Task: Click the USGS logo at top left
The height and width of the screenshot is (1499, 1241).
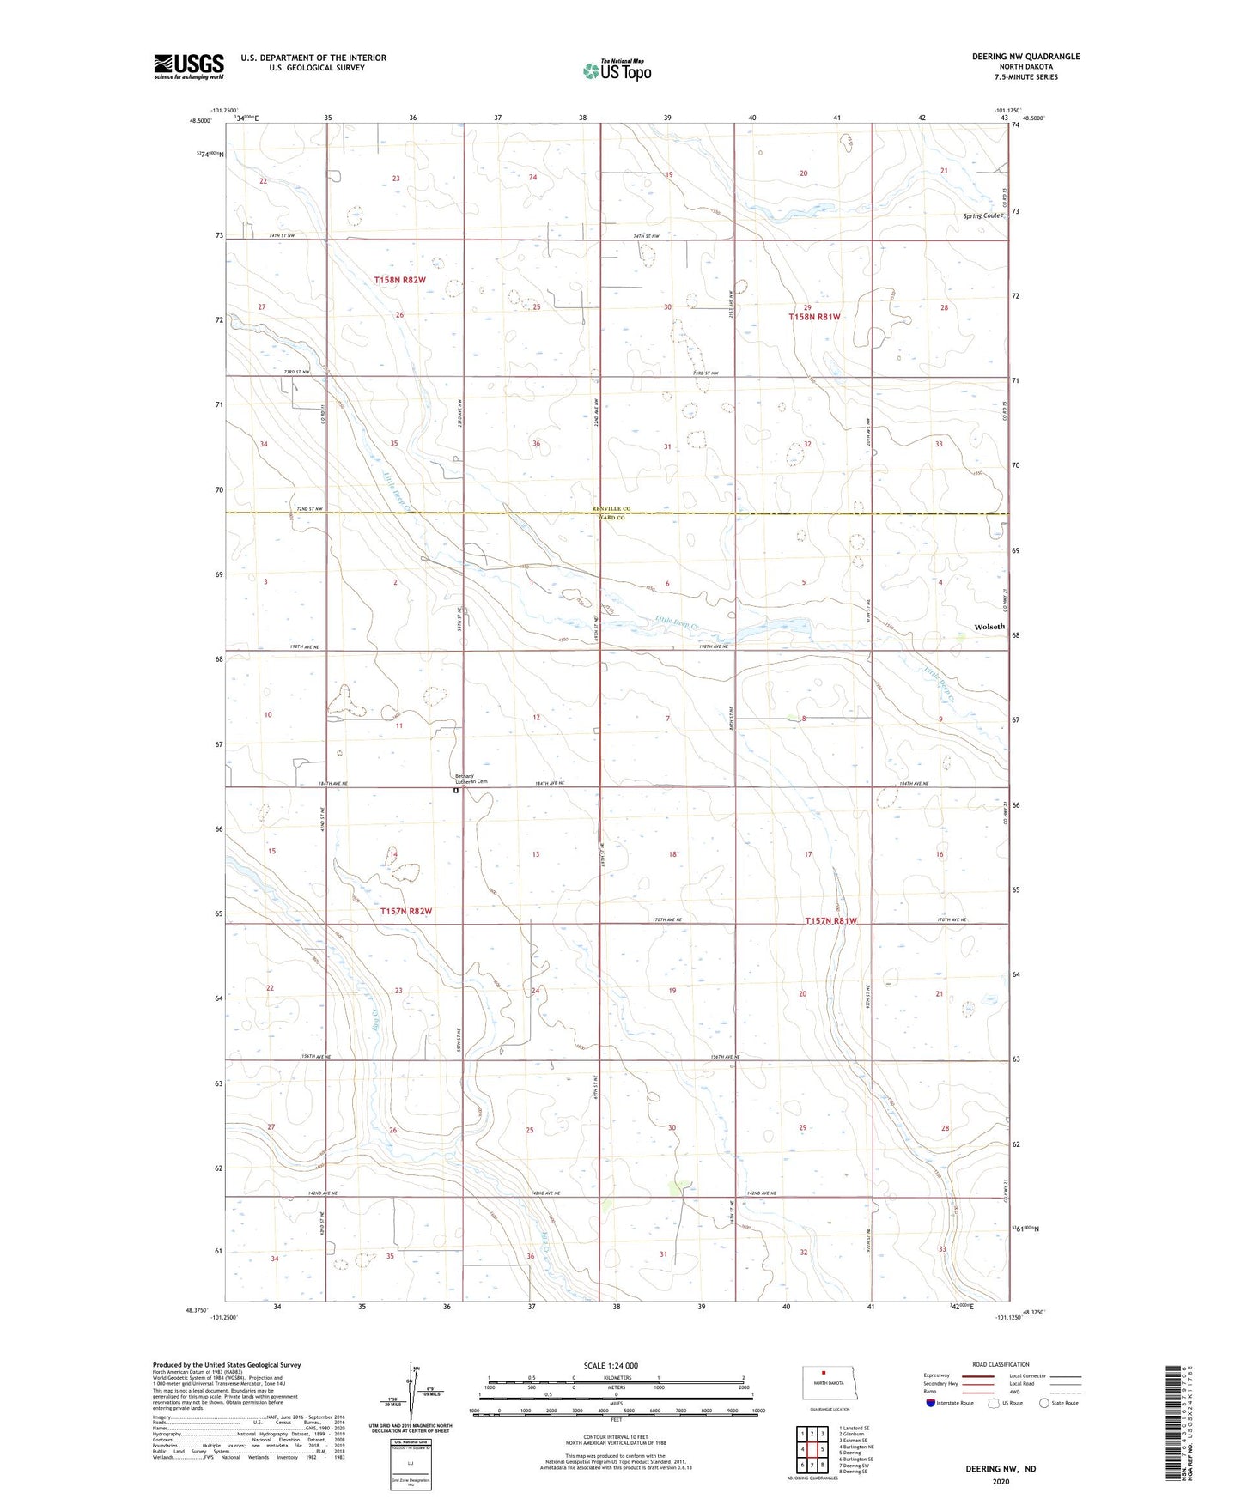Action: pyautogui.click(x=189, y=66)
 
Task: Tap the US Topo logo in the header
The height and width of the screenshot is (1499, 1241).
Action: pyautogui.click(x=617, y=70)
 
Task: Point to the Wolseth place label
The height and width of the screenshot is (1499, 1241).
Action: pyautogui.click(x=989, y=627)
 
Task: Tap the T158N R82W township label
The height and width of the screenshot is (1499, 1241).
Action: pyautogui.click(x=399, y=280)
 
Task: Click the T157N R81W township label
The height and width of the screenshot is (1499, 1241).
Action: pyautogui.click(x=830, y=921)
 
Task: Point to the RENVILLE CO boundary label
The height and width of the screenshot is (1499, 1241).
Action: pyautogui.click(x=611, y=509)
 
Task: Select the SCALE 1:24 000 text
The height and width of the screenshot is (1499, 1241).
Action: pyautogui.click(x=611, y=1366)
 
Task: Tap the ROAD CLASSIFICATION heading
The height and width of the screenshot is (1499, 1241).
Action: pyautogui.click(x=1001, y=1364)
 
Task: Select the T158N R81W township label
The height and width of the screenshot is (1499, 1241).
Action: pyautogui.click(x=814, y=317)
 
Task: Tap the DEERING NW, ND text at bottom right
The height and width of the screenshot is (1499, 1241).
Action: pyautogui.click(x=1001, y=1468)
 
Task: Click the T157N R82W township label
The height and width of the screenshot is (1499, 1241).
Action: pyautogui.click(x=405, y=912)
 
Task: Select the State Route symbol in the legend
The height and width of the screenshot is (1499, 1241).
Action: pyautogui.click(x=1044, y=1403)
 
